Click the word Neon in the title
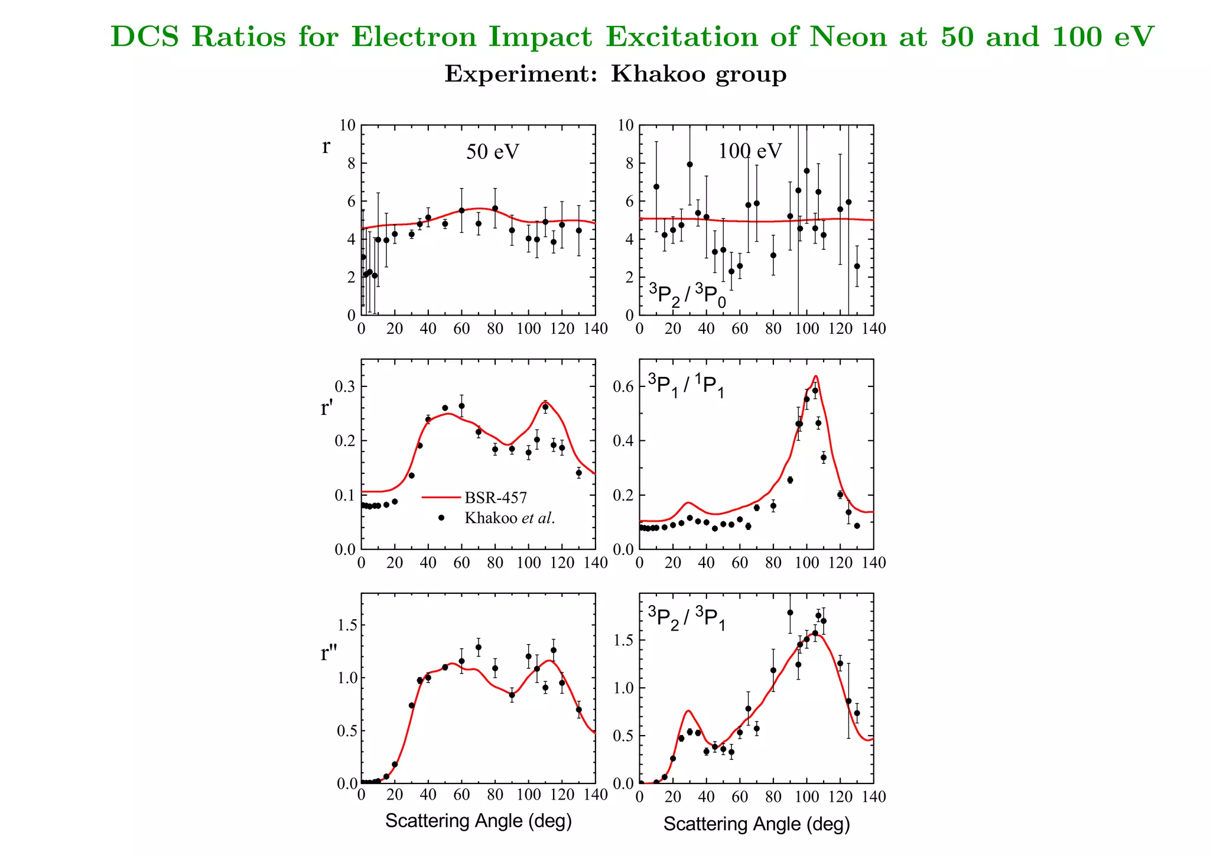tap(849, 37)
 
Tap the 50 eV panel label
tap(492, 152)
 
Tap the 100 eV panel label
tap(749, 151)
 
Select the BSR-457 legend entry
tap(495, 498)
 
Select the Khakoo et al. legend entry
tap(509, 518)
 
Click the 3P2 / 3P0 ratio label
tap(687, 295)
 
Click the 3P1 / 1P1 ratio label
tap(686, 386)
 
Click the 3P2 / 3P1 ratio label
tap(687, 618)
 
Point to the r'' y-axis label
tap(328, 653)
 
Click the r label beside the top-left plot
tap(326, 146)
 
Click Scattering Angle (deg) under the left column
tap(479, 821)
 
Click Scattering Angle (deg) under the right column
tap(756, 824)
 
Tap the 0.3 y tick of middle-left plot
tap(345, 386)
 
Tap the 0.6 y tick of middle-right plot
tap(623, 386)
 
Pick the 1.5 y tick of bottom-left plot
tap(347, 625)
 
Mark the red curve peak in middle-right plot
tap(815, 376)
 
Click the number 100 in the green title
tap(1077, 37)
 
